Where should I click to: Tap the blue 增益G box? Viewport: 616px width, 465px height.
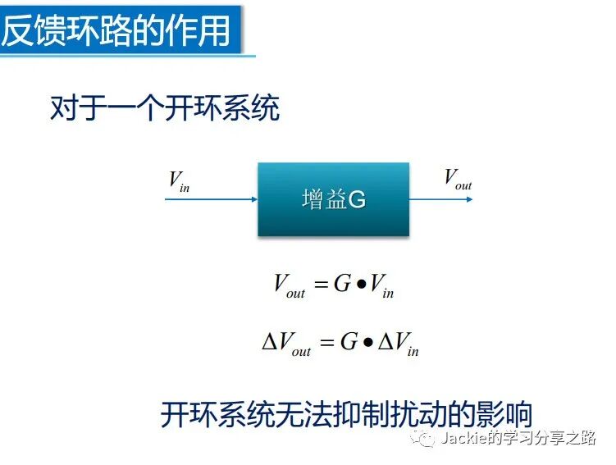click(x=333, y=199)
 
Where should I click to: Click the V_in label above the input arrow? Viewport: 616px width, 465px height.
click(x=179, y=180)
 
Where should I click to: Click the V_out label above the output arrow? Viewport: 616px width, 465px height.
click(x=457, y=178)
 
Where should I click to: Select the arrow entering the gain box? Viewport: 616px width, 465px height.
click(x=211, y=198)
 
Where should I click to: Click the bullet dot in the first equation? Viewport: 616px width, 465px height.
click(x=361, y=285)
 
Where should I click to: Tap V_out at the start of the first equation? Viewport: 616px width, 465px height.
click(x=289, y=286)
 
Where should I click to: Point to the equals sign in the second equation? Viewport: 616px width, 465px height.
click(x=326, y=342)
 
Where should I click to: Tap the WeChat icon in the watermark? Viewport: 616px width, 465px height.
click(x=425, y=439)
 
